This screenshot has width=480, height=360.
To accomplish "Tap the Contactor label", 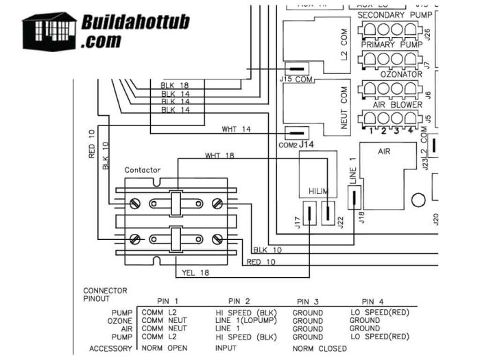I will click(x=143, y=169).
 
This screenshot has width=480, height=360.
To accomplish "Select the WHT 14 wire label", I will click(x=236, y=129).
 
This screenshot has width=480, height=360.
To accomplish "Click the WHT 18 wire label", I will click(x=219, y=156).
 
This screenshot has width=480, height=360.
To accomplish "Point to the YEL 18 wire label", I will click(x=197, y=273).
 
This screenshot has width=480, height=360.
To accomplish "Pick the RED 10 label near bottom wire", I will click(x=261, y=262).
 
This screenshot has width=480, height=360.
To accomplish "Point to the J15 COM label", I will click(x=296, y=80).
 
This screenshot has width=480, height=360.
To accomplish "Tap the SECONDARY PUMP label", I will click(x=388, y=14).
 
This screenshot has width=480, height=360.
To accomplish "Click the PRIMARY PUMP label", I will click(x=387, y=44).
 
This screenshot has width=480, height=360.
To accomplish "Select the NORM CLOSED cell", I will click(x=318, y=348).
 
